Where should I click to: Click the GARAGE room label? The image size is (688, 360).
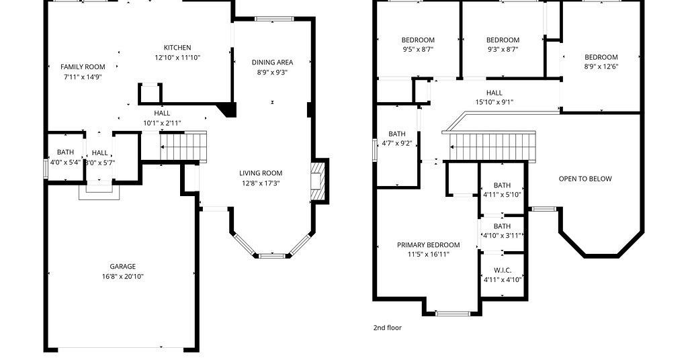(122, 266)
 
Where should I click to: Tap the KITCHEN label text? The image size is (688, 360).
(177, 48)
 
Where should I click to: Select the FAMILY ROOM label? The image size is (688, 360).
(83, 66)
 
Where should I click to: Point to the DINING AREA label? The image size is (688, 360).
(273, 62)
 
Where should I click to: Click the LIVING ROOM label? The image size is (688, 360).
(261, 173)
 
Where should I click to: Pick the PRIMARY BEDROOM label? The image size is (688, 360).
(428, 244)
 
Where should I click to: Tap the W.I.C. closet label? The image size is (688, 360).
(503, 270)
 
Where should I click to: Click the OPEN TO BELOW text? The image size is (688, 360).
(585, 179)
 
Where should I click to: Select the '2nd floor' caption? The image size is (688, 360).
(388, 328)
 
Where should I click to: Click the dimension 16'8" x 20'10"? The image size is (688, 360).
(122, 276)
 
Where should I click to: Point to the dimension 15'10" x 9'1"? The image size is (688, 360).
(494, 102)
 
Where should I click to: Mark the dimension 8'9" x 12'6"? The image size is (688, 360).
(601, 66)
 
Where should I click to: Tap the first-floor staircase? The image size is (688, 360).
(183, 147)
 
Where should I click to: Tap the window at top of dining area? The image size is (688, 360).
(274, 19)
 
